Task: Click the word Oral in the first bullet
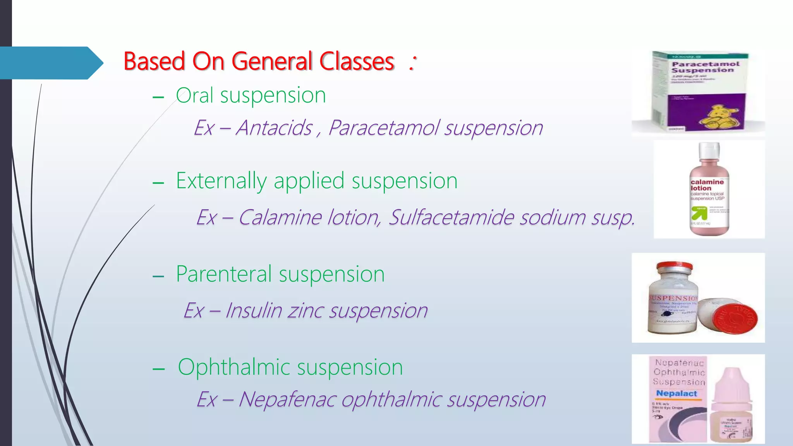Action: (194, 95)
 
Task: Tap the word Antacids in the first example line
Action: (274, 128)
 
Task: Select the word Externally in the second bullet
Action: (221, 181)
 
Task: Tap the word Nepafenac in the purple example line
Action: (287, 400)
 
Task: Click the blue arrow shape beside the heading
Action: (50, 63)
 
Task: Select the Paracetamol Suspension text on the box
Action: (705, 67)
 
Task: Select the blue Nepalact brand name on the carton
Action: (676, 393)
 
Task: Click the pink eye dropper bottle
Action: (731, 407)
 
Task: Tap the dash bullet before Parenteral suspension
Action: (158, 276)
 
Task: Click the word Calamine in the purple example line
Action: (279, 217)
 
